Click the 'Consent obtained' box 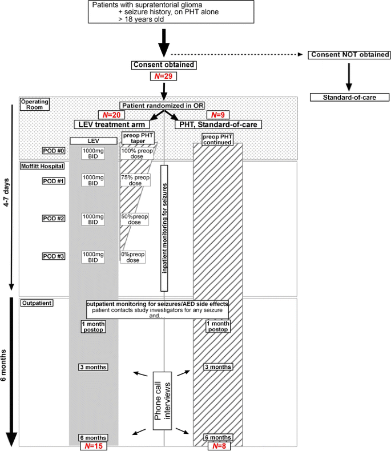tap(164, 65)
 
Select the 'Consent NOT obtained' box tap(349, 55)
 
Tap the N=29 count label tap(164, 76)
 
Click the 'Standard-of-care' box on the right tap(349, 97)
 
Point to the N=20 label tap(110, 115)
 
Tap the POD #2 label tap(54, 219)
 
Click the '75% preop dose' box tap(134, 180)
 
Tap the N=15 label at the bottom tap(92, 446)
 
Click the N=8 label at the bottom tap(217, 446)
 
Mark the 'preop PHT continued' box tap(217, 139)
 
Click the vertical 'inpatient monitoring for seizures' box tap(164, 227)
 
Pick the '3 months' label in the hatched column tap(217, 367)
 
